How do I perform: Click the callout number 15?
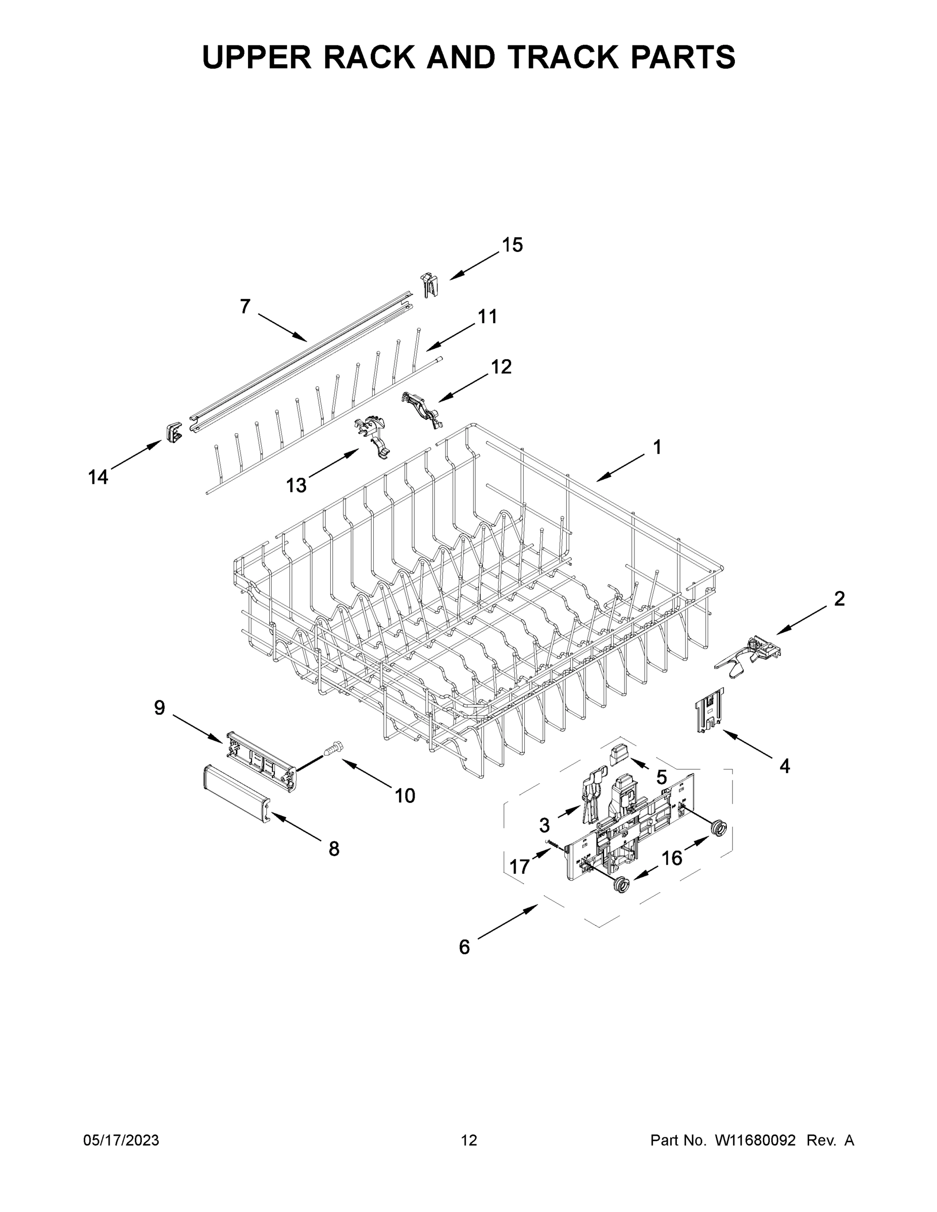(512, 245)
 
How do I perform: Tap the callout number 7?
(245, 307)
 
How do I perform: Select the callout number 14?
(98, 477)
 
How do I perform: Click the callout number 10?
(405, 796)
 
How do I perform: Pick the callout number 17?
(520, 867)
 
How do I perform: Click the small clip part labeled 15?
(429, 284)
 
